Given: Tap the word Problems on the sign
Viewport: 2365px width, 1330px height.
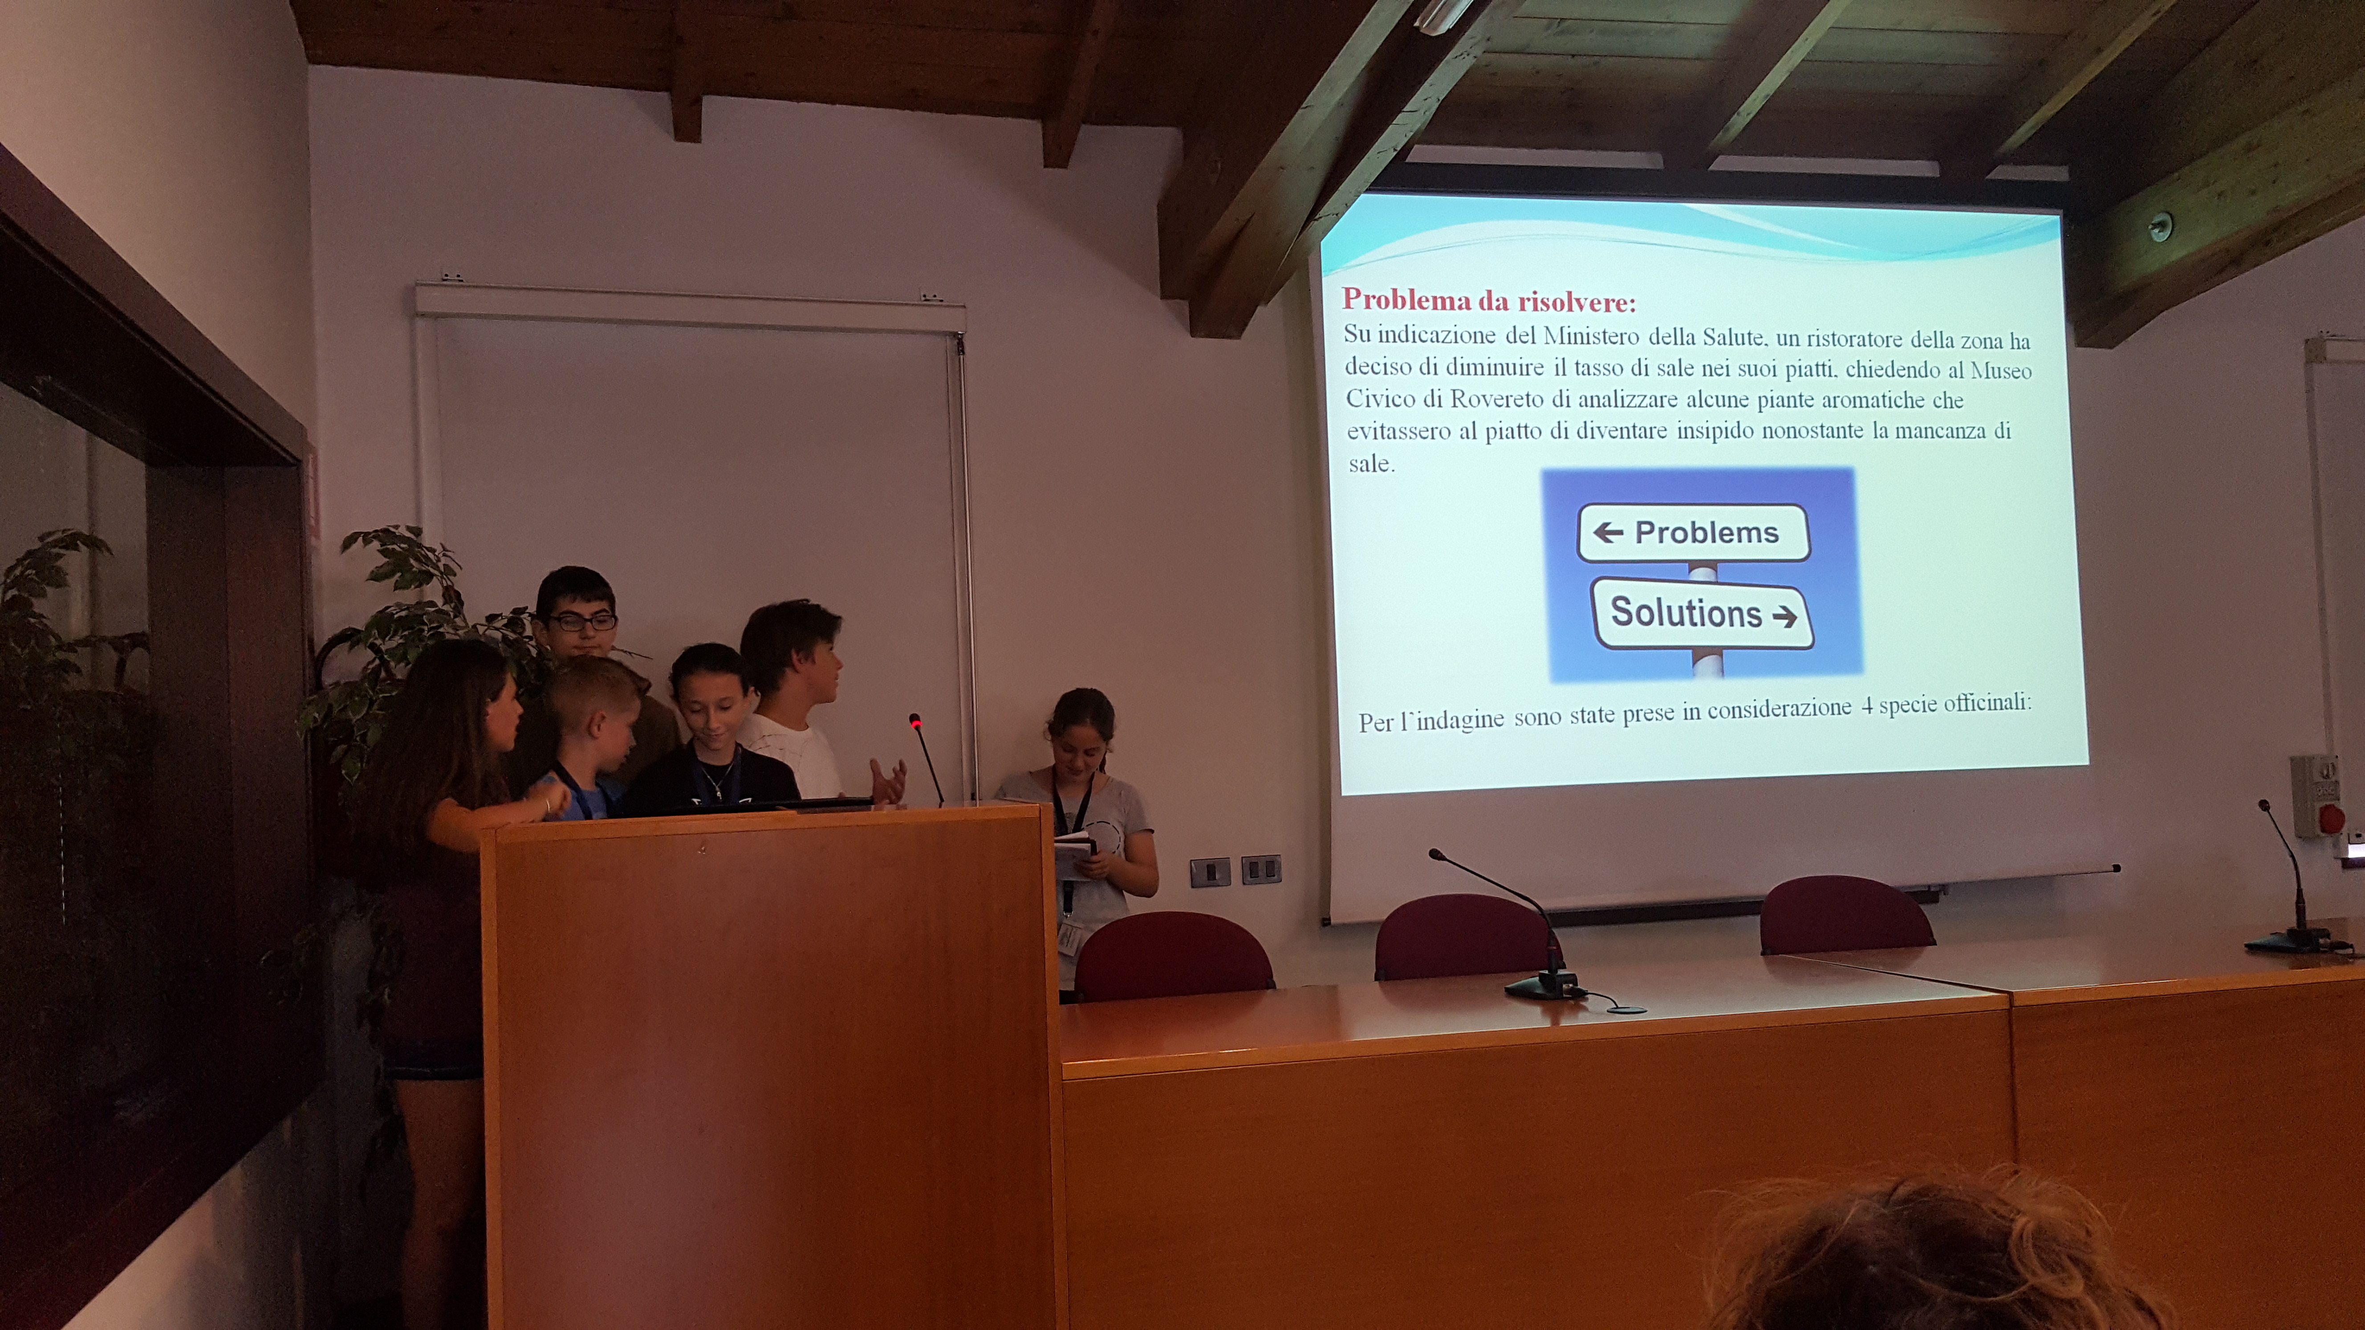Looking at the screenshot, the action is coord(1707,532).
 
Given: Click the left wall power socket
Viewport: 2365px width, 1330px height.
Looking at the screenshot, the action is coord(1210,871).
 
